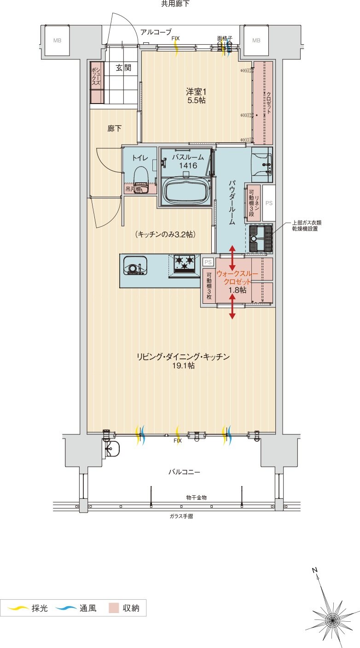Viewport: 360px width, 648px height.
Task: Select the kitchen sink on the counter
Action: coord(135,266)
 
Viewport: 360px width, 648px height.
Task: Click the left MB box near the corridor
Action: coord(57,40)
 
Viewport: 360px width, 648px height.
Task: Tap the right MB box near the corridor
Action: coord(256,40)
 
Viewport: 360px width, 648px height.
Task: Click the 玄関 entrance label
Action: coord(123,68)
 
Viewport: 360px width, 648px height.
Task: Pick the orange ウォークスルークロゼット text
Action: coord(234,277)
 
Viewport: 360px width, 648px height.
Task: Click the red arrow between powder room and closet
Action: coord(232,258)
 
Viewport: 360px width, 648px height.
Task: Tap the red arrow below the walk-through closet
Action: coord(232,306)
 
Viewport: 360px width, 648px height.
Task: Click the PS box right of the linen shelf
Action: coord(269,202)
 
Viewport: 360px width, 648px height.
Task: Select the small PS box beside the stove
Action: coord(208,262)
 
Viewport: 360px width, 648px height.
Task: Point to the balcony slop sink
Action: coord(112,448)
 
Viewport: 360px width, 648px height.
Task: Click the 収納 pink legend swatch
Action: coord(113,608)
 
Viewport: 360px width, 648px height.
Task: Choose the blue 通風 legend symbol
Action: coord(66,608)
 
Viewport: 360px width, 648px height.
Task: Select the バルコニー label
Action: coord(184,472)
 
